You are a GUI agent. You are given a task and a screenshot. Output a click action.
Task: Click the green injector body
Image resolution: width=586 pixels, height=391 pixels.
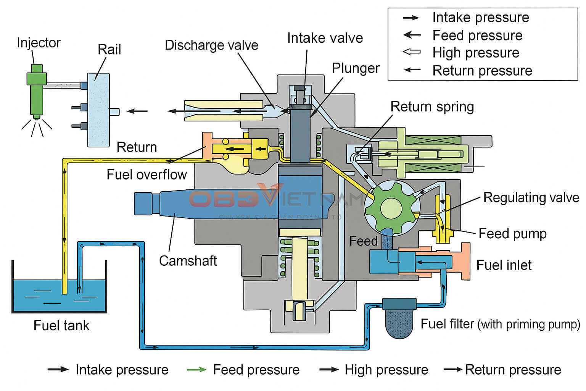tap(37, 92)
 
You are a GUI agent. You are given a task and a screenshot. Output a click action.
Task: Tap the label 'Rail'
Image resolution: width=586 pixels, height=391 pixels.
tap(109, 50)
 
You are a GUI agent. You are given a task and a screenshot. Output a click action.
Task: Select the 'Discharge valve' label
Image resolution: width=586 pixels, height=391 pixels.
tap(211, 45)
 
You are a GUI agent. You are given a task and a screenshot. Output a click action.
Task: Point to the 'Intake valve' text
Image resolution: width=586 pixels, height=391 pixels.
tap(325, 38)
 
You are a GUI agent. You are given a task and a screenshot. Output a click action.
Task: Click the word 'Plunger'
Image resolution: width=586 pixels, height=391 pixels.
tap(356, 68)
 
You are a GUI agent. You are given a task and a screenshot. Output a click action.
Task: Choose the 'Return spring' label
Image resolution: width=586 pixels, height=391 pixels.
tap(432, 107)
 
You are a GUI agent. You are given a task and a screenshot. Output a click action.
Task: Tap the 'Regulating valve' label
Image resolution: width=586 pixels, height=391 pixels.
tap(531, 197)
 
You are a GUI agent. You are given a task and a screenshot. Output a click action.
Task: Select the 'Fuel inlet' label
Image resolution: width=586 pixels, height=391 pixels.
tap(504, 265)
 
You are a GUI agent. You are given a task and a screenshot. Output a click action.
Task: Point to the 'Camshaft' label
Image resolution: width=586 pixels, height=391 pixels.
tap(188, 261)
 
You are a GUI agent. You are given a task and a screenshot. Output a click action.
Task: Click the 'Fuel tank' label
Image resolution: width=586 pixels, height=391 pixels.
tap(61, 325)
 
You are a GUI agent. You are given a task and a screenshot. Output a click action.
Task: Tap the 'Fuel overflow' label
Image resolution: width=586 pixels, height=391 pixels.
tap(146, 174)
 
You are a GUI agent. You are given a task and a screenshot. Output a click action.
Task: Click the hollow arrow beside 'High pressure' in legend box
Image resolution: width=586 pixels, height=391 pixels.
tap(412, 52)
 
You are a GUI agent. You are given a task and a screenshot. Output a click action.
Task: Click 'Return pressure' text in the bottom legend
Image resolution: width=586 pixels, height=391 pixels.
tap(513, 370)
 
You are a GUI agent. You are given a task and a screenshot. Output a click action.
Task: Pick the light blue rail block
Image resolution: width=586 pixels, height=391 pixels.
tap(98, 110)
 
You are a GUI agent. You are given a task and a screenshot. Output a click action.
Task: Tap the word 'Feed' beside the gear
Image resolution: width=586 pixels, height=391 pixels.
tap(363, 241)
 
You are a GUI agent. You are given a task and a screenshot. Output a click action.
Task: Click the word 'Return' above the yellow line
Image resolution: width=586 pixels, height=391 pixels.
tap(137, 147)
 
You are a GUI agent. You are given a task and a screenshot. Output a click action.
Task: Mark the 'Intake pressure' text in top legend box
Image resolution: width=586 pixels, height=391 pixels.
tap(480, 18)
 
